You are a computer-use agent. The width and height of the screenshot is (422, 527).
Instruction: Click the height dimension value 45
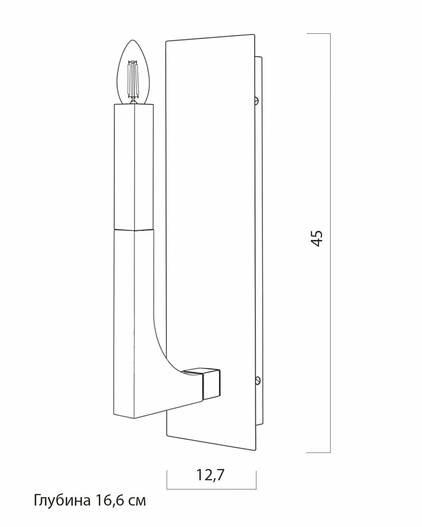point(316,238)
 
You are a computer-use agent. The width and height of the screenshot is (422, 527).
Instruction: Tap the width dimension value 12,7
point(210,475)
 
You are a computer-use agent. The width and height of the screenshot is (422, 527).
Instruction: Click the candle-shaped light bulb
point(133,72)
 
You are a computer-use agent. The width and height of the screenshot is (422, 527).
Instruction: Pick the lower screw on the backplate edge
point(258,380)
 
